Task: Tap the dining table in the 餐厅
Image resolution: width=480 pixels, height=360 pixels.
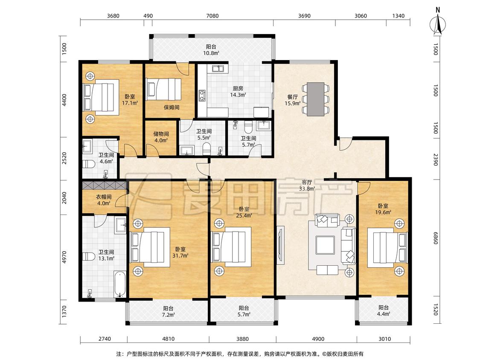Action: pyautogui.click(x=316, y=99)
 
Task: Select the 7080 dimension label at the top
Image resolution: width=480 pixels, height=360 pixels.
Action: pyautogui.click(x=212, y=16)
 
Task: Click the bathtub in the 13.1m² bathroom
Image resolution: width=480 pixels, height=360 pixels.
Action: pyautogui.click(x=120, y=285)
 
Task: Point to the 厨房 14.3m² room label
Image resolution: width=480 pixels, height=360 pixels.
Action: pyautogui.click(x=238, y=92)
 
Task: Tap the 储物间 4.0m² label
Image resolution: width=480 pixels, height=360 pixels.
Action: pyautogui.click(x=161, y=137)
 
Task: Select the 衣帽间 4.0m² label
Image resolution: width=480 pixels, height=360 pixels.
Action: pyautogui.click(x=104, y=200)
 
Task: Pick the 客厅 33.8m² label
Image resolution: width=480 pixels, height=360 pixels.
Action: pyautogui.click(x=307, y=186)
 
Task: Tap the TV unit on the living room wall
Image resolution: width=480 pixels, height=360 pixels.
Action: pyautogui.click(x=280, y=245)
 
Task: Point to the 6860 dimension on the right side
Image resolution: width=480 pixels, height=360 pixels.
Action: pyautogui.click(x=436, y=238)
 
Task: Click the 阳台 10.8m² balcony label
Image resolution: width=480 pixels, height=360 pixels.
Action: pyautogui.click(x=211, y=50)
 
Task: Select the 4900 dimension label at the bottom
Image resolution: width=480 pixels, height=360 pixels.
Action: pyautogui.click(x=318, y=339)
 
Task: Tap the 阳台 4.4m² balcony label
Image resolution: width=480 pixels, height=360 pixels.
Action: pyautogui.click(x=384, y=311)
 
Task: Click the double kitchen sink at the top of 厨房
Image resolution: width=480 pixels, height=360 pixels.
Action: pyautogui.click(x=218, y=69)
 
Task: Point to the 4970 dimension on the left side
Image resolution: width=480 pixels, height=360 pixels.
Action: pyautogui.click(x=64, y=257)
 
